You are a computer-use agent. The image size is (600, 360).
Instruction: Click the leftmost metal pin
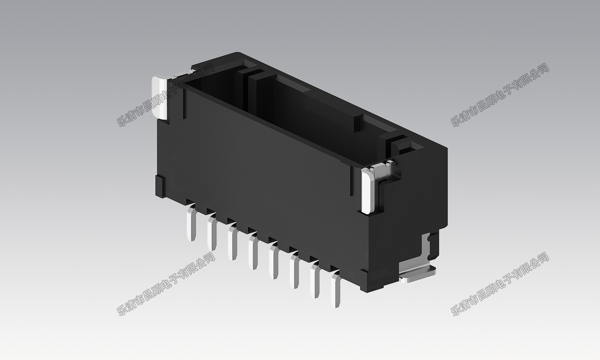point(191,223)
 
